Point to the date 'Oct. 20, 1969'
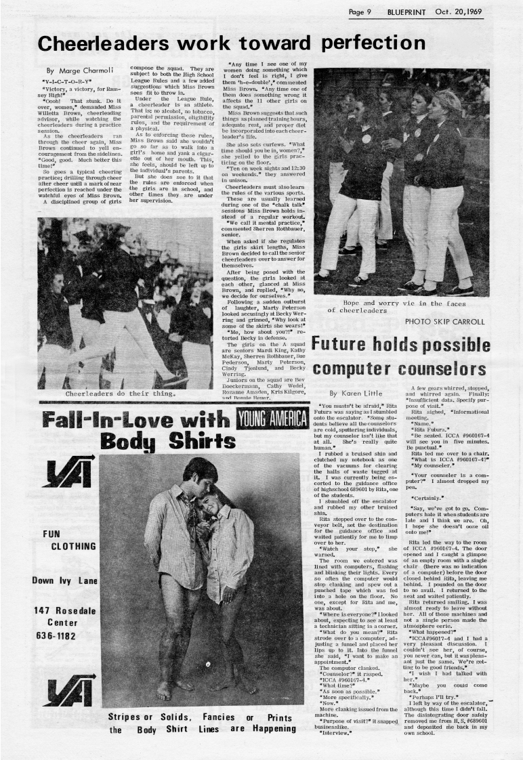472,12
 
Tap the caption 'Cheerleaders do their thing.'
113,392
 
